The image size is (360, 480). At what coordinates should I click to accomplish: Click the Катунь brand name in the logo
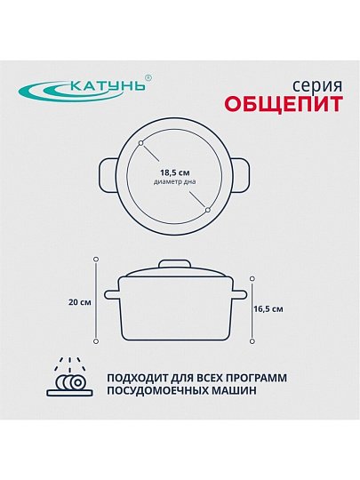pos(108,85)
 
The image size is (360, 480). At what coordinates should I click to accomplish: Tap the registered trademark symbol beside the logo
pos(148,77)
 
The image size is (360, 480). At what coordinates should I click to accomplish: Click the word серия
pos(317,86)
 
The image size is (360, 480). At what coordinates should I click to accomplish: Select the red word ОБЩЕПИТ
pos(284,104)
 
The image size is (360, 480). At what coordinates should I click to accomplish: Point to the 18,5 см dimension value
pos(175,173)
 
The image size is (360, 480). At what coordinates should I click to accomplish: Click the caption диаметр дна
pos(175,182)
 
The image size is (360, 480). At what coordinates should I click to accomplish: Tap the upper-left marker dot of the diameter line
pos(140,143)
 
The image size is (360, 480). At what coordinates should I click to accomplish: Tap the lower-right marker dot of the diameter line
pos(208,210)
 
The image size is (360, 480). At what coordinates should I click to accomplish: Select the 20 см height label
pos(80,302)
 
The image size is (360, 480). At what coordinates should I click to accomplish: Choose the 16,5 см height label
pos(268,309)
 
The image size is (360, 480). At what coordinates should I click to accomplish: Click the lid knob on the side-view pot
pos(174,264)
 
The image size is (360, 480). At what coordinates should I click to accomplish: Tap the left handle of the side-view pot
pos(111,295)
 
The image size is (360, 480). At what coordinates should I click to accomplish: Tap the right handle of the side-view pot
pos(239,295)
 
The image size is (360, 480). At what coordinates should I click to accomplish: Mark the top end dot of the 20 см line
pos(96,260)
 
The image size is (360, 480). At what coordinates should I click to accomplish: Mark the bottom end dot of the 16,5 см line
pos(252,341)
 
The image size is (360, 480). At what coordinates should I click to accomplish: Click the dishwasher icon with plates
pos(70,377)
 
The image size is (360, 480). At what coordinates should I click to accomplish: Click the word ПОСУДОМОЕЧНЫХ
pos(159,391)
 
